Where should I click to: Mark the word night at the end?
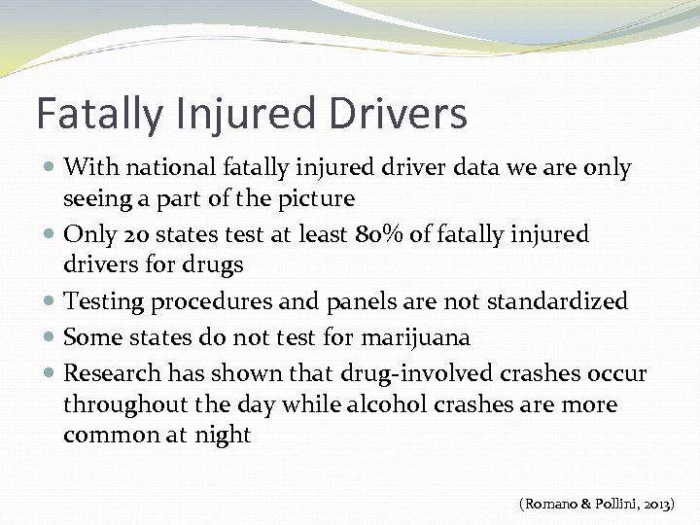pos(222,435)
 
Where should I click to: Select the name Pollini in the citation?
pos(616,504)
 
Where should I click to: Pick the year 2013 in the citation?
pos(665,504)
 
